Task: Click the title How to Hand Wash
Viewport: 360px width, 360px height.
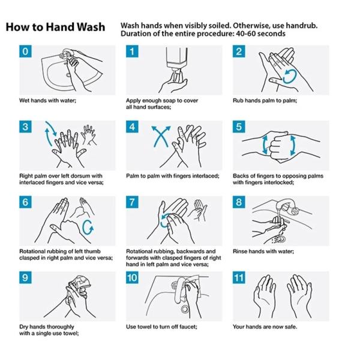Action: tap(55, 28)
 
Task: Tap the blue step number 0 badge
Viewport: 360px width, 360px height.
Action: tap(25, 52)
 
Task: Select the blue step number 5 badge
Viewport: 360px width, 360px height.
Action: tap(239, 127)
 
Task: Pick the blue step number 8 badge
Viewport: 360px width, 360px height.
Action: tap(239, 202)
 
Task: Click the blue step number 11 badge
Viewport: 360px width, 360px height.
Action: tap(239, 278)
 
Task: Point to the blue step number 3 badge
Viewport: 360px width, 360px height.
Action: tap(25, 127)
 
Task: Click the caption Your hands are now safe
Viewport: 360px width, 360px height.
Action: tap(265, 326)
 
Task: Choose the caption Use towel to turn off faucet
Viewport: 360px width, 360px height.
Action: tap(161, 326)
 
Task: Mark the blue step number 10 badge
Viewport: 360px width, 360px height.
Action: tap(133, 278)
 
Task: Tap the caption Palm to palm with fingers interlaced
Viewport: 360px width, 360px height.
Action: tap(170, 176)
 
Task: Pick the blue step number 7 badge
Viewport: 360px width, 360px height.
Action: tap(132, 202)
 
